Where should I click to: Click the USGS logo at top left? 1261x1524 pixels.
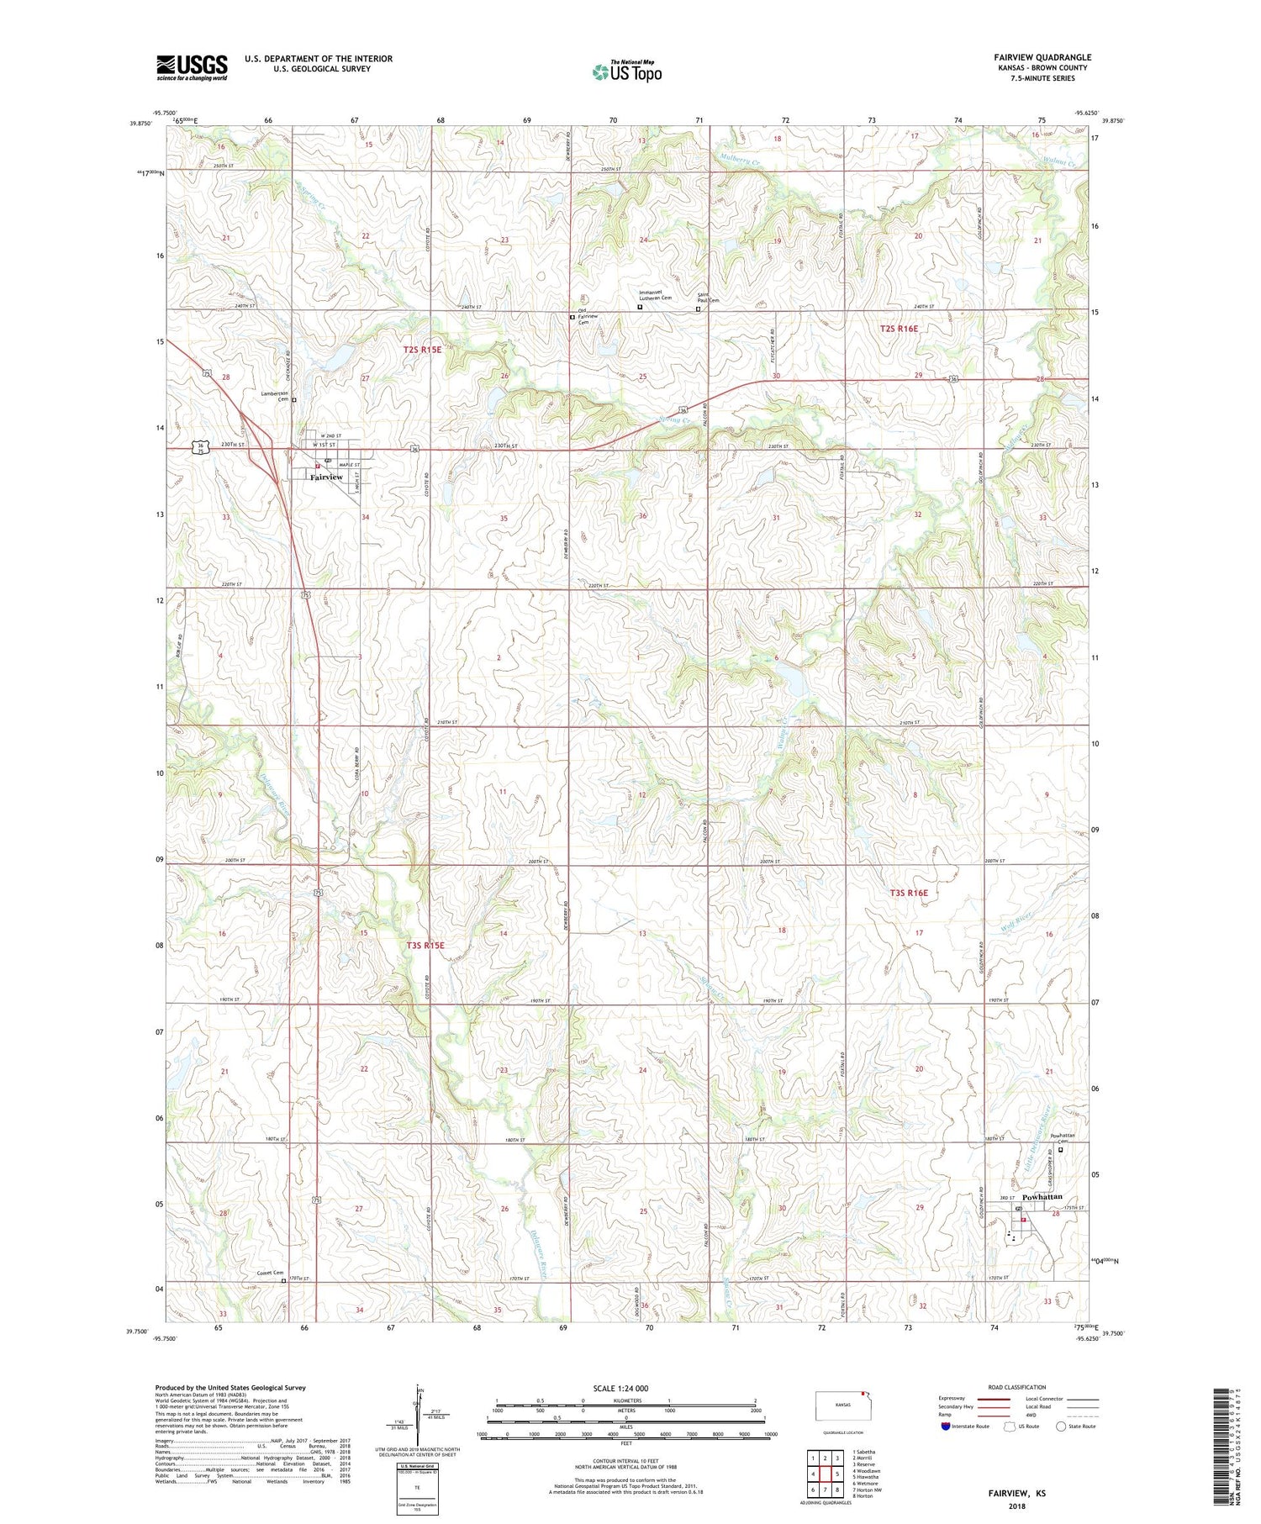192,67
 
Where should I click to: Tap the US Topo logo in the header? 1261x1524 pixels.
627,72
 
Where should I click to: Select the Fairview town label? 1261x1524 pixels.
326,477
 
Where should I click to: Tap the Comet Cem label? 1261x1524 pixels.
270,1274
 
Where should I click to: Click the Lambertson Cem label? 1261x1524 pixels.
275,396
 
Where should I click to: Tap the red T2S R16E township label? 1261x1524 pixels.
899,329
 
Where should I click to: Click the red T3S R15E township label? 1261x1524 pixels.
425,945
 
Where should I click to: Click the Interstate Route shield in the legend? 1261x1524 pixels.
946,1426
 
